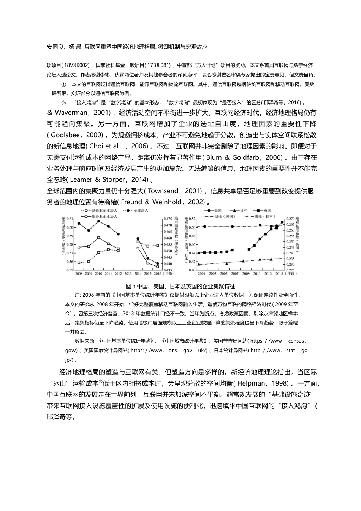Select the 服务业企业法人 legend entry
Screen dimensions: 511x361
[104, 216]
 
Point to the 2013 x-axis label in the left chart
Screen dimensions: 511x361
[128, 273]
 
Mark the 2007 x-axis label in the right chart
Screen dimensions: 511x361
[234, 273]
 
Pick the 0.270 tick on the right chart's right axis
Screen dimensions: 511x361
[290, 219]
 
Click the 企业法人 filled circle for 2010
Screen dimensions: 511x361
[99, 221]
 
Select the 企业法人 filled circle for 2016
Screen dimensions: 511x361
[158, 263]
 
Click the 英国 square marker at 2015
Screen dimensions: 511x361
[282, 222]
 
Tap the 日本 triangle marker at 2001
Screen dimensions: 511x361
[199, 264]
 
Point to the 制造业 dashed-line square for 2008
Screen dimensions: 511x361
[79, 263]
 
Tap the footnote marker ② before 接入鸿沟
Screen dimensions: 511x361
[63, 103]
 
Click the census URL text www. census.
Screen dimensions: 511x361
[288, 341]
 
